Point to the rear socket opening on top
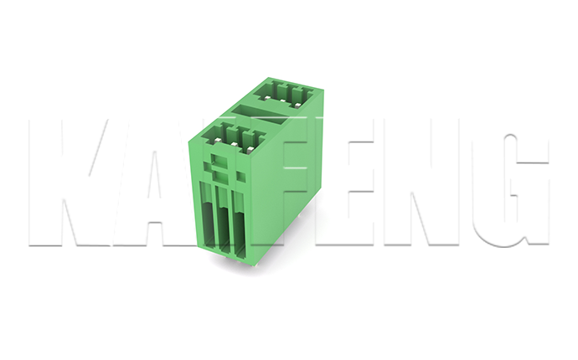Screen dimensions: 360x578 tap(284, 94)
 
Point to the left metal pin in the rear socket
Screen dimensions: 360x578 tap(266, 96)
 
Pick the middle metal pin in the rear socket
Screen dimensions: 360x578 tap(281, 100)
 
